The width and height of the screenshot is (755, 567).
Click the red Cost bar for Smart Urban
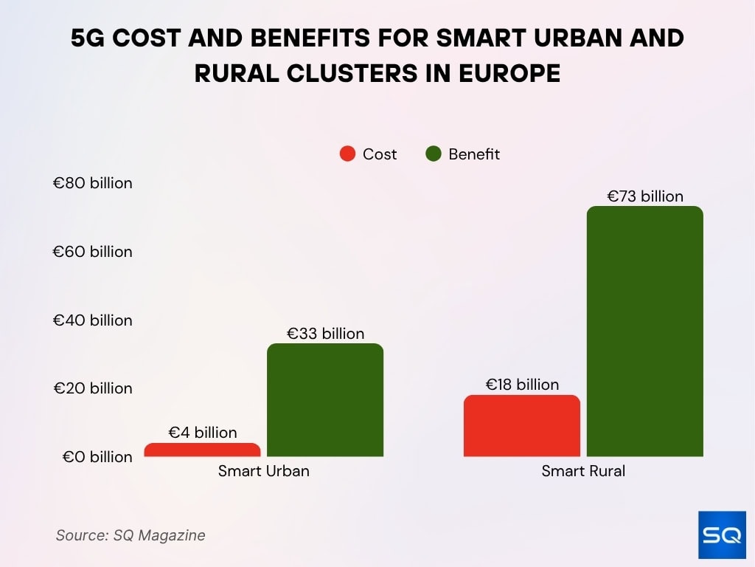202,450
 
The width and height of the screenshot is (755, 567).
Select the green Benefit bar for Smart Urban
325,400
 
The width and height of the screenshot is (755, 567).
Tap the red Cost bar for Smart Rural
522,426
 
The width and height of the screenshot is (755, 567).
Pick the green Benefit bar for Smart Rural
645,331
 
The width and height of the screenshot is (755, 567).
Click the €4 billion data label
203,433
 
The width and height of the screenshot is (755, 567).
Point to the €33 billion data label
325,334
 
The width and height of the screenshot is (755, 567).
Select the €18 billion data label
522,385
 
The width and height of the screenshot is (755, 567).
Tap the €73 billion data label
645,196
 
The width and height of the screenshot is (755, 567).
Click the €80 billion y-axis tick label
92,183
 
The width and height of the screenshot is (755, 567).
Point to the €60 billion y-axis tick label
92,252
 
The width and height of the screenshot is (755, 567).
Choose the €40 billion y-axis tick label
92,320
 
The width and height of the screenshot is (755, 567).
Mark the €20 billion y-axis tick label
92,388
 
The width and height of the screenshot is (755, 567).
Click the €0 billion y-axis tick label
97,457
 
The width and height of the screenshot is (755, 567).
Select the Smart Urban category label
264,471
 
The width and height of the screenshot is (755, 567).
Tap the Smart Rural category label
583,471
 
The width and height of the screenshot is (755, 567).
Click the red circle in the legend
347,154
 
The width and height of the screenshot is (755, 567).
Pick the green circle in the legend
434,154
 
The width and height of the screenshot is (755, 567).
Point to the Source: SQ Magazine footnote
131,535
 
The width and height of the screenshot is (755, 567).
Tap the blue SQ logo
722,535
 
